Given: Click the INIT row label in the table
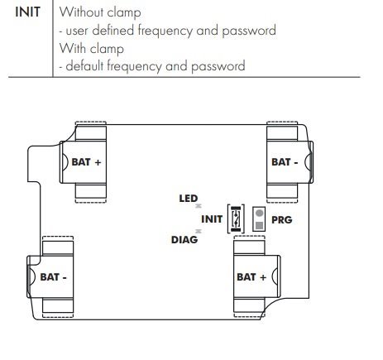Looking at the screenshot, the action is point(27,12).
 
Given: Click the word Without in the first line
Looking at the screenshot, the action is point(81,12).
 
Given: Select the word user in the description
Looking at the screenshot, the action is point(77,31).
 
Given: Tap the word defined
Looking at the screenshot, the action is point(113,30).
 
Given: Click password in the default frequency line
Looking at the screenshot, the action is point(218,66).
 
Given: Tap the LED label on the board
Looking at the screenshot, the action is point(189,199).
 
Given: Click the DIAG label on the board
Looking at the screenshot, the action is point(184,240).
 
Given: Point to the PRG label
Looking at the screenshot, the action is point(282,220).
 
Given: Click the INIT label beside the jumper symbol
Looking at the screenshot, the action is point(212,219).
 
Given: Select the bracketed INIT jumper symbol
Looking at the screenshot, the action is point(236,218).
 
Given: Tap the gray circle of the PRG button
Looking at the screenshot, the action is point(259,213).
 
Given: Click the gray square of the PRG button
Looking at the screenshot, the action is point(259,225).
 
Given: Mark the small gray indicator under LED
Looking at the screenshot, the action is point(199,206).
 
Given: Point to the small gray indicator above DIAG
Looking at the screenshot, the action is point(199,231).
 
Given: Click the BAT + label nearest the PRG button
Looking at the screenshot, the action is point(251,277).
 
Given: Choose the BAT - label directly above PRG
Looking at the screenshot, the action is point(285,162).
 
